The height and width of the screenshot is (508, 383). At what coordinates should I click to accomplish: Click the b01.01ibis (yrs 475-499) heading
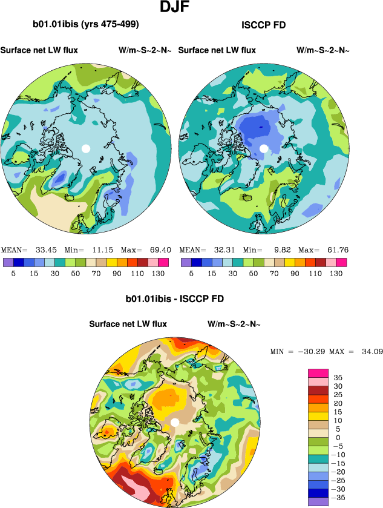tap(86, 25)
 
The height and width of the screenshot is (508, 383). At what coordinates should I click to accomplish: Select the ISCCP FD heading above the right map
tap(263, 25)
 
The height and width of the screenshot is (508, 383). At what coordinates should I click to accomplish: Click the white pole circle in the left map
tap(86, 148)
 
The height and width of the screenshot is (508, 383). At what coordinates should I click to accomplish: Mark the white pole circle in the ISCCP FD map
tap(263, 148)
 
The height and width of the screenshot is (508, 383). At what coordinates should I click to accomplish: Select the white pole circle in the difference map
tap(175, 422)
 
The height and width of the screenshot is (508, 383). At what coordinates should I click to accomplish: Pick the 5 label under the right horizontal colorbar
tap(191, 273)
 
